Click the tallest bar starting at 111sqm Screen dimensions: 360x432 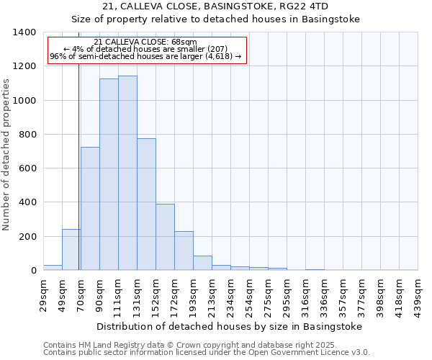pos(127,173)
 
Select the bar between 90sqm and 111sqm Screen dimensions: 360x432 pos(109,174)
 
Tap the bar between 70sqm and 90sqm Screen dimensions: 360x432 pos(90,209)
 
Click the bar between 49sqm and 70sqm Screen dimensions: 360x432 pos(71,250)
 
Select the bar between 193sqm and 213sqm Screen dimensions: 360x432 pos(202,263)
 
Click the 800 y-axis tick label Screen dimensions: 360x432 pos(27,135)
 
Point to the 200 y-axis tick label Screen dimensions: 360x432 pos(27,237)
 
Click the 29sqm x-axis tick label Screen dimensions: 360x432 pos(44,293)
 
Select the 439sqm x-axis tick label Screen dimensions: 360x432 pos(418,295)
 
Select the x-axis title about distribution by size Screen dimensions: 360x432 pos(230,326)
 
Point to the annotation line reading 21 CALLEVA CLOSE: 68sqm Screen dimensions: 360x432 pos(145,42)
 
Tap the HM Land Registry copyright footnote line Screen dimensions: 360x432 pos(206,345)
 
